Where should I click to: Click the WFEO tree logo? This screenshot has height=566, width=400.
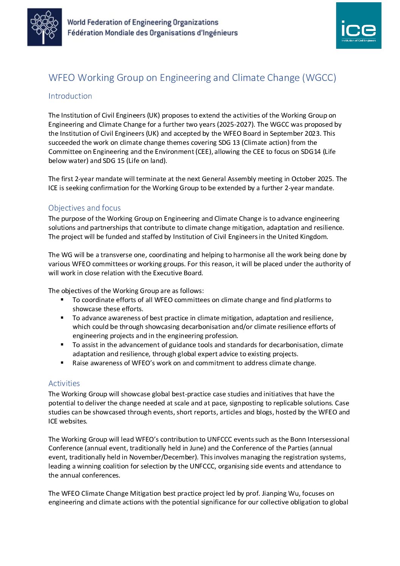[45, 27]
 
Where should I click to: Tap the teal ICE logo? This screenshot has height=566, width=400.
[358, 26]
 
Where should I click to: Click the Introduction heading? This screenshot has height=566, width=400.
[70, 96]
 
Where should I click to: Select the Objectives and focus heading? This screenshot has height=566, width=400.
[84, 208]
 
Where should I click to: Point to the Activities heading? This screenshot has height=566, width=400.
[64, 383]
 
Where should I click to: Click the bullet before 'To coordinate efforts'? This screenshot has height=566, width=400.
[62, 299]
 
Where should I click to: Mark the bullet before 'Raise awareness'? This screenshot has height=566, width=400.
[62, 363]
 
